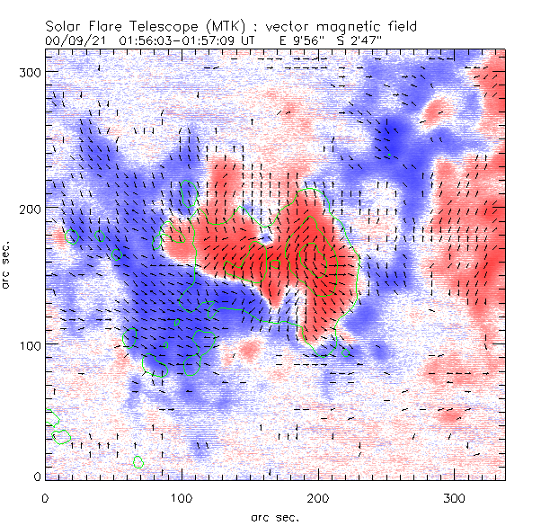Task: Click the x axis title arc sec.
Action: (274, 517)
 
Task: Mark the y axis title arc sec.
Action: (7, 264)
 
